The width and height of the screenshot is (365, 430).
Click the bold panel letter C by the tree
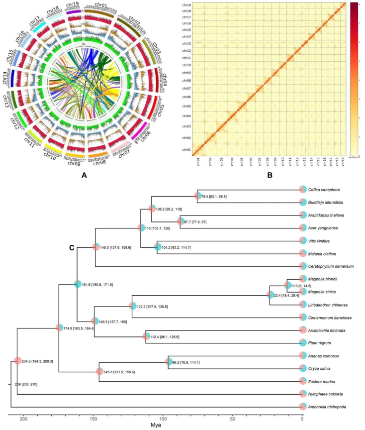coord(72,247)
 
